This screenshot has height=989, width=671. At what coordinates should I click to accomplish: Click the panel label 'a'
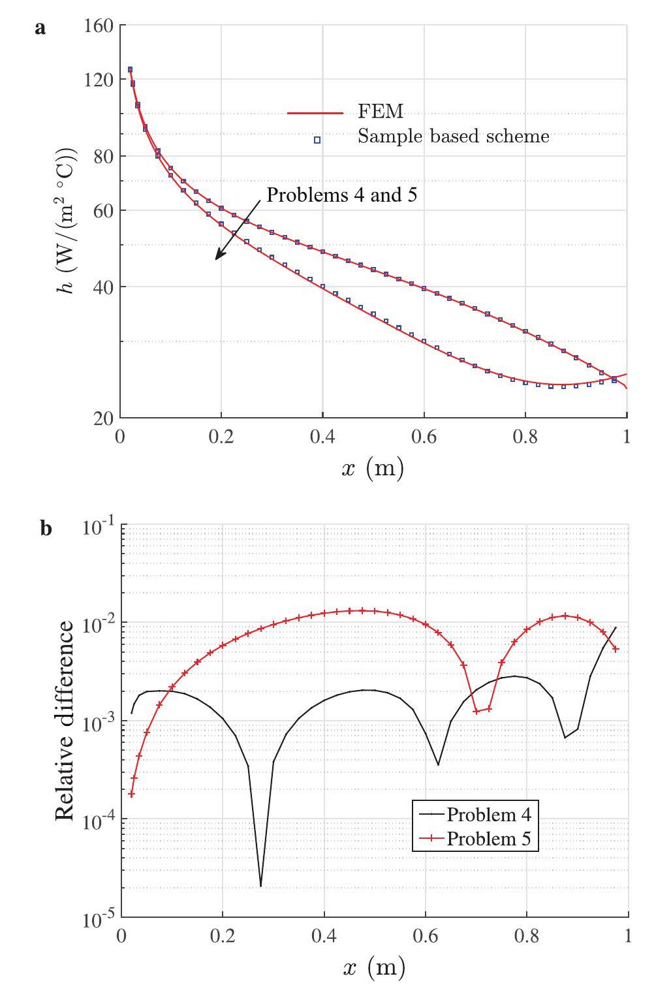tap(40, 28)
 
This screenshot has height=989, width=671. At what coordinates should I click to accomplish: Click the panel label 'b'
tap(46, 527)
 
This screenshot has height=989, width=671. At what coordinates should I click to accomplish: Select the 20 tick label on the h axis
tap(103, 418)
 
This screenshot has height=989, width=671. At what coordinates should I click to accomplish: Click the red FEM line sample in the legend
tap(315, 113)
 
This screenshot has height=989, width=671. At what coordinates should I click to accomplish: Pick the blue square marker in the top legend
tap(317, 140)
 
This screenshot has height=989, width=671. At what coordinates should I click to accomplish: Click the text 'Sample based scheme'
tap(453, 136)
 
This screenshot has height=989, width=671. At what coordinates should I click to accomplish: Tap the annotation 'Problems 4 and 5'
tap(341, 195)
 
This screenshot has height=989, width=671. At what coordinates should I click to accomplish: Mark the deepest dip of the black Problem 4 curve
tap(260, 885)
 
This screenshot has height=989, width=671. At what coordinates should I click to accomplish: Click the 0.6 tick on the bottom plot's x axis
tap(424, 936)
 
